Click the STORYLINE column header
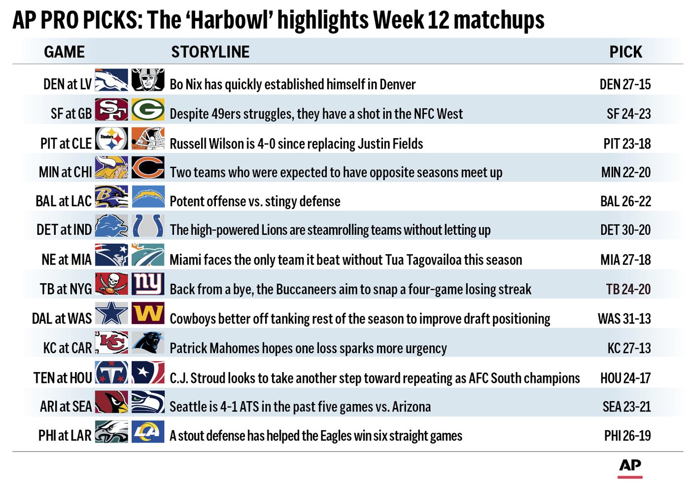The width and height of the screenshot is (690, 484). (x=210, y=52)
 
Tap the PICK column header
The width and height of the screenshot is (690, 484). (x=625, y=52)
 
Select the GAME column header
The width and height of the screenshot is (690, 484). (x=65, y=52)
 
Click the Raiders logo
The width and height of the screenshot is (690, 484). (x=148, y=80)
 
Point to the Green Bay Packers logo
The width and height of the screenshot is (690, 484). (x=148, y=110)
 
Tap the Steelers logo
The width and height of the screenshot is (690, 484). (x=111, y=139)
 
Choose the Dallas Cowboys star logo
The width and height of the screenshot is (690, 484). (x=111, y=313)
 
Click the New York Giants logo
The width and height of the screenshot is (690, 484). (x=148, y=284)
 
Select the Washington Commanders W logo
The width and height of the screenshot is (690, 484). (x=148, y=313)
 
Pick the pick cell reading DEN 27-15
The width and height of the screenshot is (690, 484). (x=625, y=84)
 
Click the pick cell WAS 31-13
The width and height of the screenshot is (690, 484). (x=624, y=318)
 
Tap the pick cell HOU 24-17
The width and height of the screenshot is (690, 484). (x=625, y=378)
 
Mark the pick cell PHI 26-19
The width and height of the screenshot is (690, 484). (x=627, y=436)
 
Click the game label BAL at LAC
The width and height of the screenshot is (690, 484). (x=64, y=201)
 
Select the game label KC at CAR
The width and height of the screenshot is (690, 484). (x=68, y=348)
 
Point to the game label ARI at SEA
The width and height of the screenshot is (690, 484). (x=66, y=407)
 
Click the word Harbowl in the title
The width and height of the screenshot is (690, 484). (x=231, y=20)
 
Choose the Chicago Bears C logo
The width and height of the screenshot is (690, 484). (x=148, y=168)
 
